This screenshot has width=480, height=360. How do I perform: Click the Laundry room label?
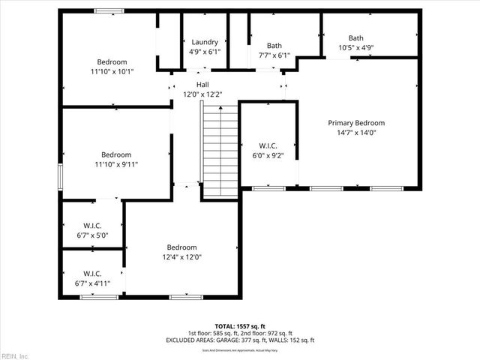pos(205,43)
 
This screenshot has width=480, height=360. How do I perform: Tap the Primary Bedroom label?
pos(356,123)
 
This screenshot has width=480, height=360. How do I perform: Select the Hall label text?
pos(202,85)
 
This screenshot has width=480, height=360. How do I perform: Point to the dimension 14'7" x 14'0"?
pos(356,133)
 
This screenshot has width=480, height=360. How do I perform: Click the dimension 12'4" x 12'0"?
pos(181,257)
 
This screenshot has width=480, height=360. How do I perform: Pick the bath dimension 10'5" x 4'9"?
pos(355,48)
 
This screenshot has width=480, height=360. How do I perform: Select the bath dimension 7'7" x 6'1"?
pos(274,55)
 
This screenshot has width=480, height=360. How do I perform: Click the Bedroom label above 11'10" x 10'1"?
pos(112,62)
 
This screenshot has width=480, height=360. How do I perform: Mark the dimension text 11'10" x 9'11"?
pos(116,164)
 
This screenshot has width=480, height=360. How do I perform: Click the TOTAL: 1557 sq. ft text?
pos(240,326)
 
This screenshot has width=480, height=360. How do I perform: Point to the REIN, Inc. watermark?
pos(15,355)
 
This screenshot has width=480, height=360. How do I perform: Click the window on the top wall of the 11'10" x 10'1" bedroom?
pos(109,11)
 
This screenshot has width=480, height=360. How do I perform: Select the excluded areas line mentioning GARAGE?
pos(240,340)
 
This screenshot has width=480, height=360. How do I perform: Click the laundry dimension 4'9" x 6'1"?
pos(205,52)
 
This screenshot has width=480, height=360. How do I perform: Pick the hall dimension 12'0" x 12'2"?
pos(202,94)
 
